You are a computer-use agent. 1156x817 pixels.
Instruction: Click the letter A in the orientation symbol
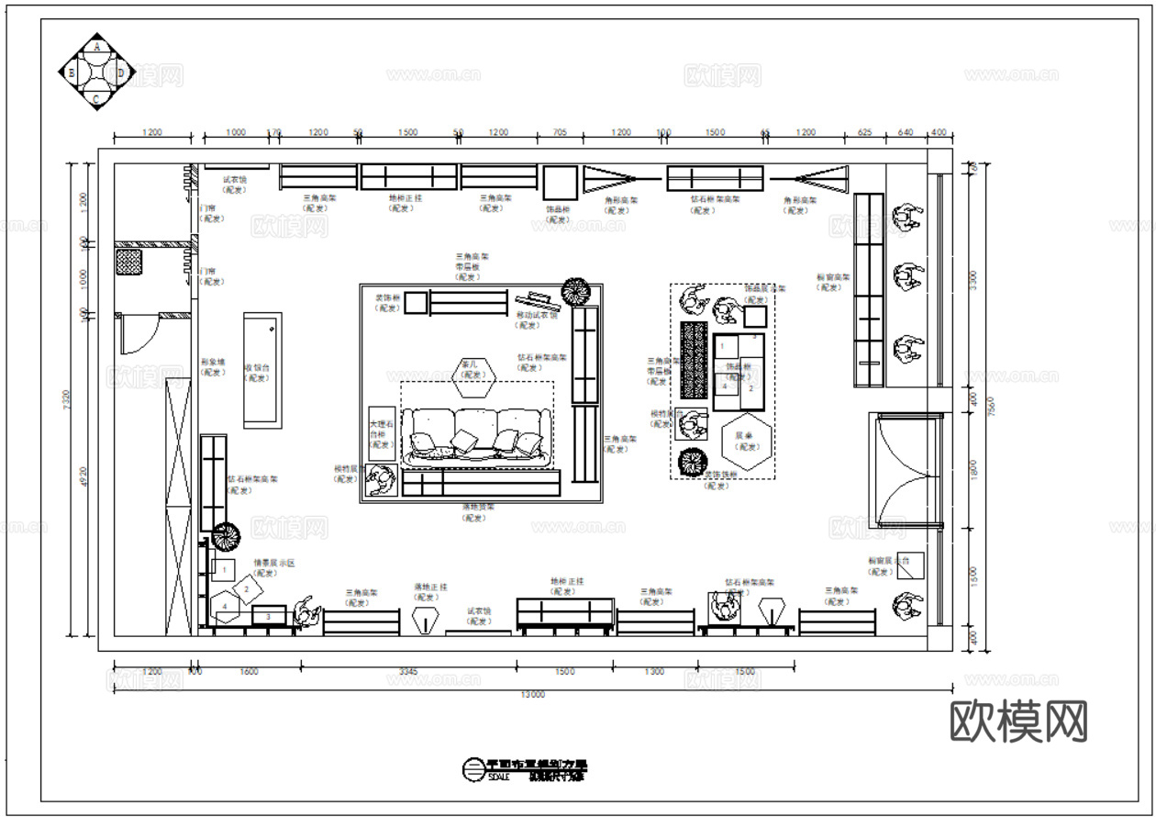tap(98, 46)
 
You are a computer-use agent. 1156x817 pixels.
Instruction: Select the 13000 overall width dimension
tap(533, 695)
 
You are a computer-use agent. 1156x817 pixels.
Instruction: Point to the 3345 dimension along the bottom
tap(407, 672)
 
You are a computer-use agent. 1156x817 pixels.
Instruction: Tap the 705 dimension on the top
tap(559, 132)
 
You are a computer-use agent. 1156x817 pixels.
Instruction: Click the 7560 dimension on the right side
tap(984, 405)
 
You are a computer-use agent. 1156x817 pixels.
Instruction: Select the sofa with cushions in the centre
tap(477, 435)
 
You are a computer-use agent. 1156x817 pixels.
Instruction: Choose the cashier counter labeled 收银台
tap(262, 370)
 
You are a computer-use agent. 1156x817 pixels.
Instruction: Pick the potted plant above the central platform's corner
tap(577, 291)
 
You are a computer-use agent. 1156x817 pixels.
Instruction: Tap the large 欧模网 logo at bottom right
tap(1018, 722)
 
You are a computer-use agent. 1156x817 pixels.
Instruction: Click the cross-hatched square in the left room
tap(128, 263)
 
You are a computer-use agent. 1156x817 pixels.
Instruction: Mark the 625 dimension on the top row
tap(864, 132)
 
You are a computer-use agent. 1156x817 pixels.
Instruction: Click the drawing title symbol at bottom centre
tap(472, 769)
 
